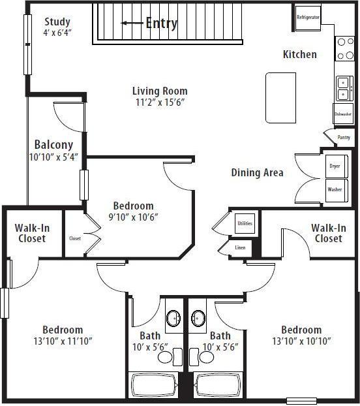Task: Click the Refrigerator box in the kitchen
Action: [x=308, y=18]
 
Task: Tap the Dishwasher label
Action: [x=343, y=114]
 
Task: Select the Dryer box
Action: [x=334, y=166]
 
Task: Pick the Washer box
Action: [x=334, y=190]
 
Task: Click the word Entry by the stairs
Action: [x=161, y=23]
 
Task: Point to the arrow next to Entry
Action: [x=132, y=23]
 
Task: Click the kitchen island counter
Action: [x=280, y=97]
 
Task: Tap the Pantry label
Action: [x=344, y=138]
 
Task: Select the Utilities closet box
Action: [x=245, y=223]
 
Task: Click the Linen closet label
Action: [x=239, y=248]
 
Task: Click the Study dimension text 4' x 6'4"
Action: [x=57, y=33]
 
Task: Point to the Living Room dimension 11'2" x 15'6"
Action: [x=160, y=102]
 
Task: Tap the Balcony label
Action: [x=53, y=145]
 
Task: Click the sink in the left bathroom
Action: [x=173, y=319]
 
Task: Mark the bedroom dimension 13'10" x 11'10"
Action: [x=63, y=341]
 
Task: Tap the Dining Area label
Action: [x=257, y=173]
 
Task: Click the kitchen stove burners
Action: [x=344, y=50]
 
